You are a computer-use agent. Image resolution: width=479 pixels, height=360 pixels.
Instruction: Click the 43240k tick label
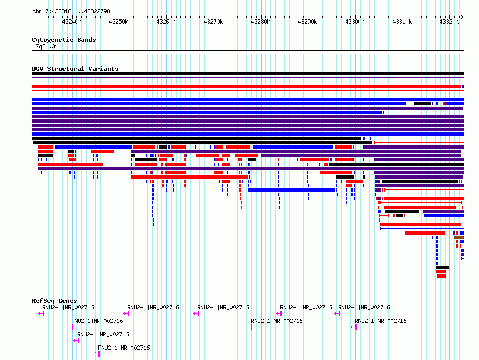pyautogui.click(x=72, y=22)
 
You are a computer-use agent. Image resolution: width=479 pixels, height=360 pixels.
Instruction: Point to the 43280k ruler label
pyautogui.click(x=260, y=22)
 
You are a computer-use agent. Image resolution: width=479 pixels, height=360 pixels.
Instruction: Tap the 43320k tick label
pyautogui.click(x=449, y=22)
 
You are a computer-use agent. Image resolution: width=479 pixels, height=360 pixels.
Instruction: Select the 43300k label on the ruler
pyautogui.click(x=355, y=22)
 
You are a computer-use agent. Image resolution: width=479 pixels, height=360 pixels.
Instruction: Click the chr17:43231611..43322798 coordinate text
pyautogui.click(x=71, y=12)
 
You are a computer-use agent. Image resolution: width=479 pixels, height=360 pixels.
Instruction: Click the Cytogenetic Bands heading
pyautogui.click(x=64, y=40)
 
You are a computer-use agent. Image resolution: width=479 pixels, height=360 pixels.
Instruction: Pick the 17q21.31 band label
pyautogui.click(x=45, y=46)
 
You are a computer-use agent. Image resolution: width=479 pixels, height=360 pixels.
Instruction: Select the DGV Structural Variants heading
pyautogui.click(x=75, y=69)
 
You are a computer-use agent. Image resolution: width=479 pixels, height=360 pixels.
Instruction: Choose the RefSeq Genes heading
pyautogui.click(x=54, y=301)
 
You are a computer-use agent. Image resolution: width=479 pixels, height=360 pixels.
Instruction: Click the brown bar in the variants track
pyautogui.click(x=459, y=237)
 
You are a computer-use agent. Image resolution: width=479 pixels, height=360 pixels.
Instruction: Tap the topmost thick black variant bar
pyautogui.click(x=248, y=74)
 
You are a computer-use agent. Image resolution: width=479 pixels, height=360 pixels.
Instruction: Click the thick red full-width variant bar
pyautogui.click(x=246, y=87)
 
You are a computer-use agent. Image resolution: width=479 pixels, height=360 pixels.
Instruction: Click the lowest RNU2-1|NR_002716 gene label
pyautogui.click(x=124, y=348)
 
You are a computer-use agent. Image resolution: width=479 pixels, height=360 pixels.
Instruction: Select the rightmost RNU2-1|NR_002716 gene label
pyautogui.click(x=381, y=321)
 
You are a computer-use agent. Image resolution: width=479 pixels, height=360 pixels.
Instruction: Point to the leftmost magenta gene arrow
pyautogui.click(x=41, y=314)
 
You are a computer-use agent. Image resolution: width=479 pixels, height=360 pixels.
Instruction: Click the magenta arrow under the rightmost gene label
pyautogui.click(x=354, y=327)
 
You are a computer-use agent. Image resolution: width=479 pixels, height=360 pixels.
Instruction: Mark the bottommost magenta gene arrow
pyautogui.click(x=97, y=354)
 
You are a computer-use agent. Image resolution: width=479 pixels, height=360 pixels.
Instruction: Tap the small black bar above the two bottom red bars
pyautogui.click(x=442, y=267)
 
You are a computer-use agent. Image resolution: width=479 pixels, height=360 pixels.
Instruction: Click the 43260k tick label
pyautogui.click(x=166, y=22)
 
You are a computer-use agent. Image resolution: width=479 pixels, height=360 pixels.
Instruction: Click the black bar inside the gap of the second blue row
pyautogui.click(x=422, y=104)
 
